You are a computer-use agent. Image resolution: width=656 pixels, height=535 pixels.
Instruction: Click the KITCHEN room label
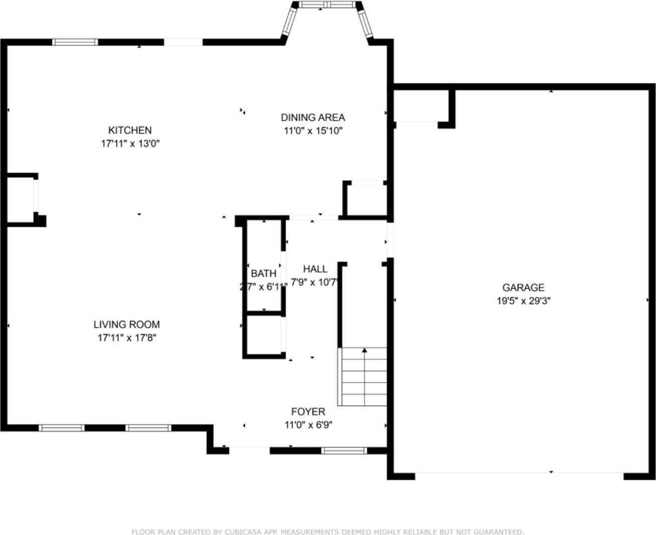(130, 130)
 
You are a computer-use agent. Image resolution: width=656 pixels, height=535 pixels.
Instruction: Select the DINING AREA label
(312, 117)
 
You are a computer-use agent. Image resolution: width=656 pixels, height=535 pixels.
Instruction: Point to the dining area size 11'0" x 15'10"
(312, 131)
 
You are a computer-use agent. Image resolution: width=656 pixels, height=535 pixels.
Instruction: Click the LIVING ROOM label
(127, 325)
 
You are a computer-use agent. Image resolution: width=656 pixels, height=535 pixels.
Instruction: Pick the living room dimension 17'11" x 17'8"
(127, 338)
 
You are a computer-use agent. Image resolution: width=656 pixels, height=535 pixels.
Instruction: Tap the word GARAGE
(523, 288)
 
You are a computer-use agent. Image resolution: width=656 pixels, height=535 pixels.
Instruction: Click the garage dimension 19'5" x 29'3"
(523, 301)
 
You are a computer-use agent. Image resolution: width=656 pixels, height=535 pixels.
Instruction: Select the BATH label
(263, 274)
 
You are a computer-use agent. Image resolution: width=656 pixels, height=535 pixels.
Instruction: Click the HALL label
(315, 269)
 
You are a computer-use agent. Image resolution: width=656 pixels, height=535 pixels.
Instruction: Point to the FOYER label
(308, 412)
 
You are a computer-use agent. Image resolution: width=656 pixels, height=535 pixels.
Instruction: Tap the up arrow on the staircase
(364, 351)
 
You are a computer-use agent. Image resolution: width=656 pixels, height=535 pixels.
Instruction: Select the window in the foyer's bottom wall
(344, 451)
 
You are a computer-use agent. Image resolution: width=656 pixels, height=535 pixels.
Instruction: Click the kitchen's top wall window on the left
(75, 42)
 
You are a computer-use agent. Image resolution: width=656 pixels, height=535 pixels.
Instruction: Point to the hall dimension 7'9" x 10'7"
(314, 283)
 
